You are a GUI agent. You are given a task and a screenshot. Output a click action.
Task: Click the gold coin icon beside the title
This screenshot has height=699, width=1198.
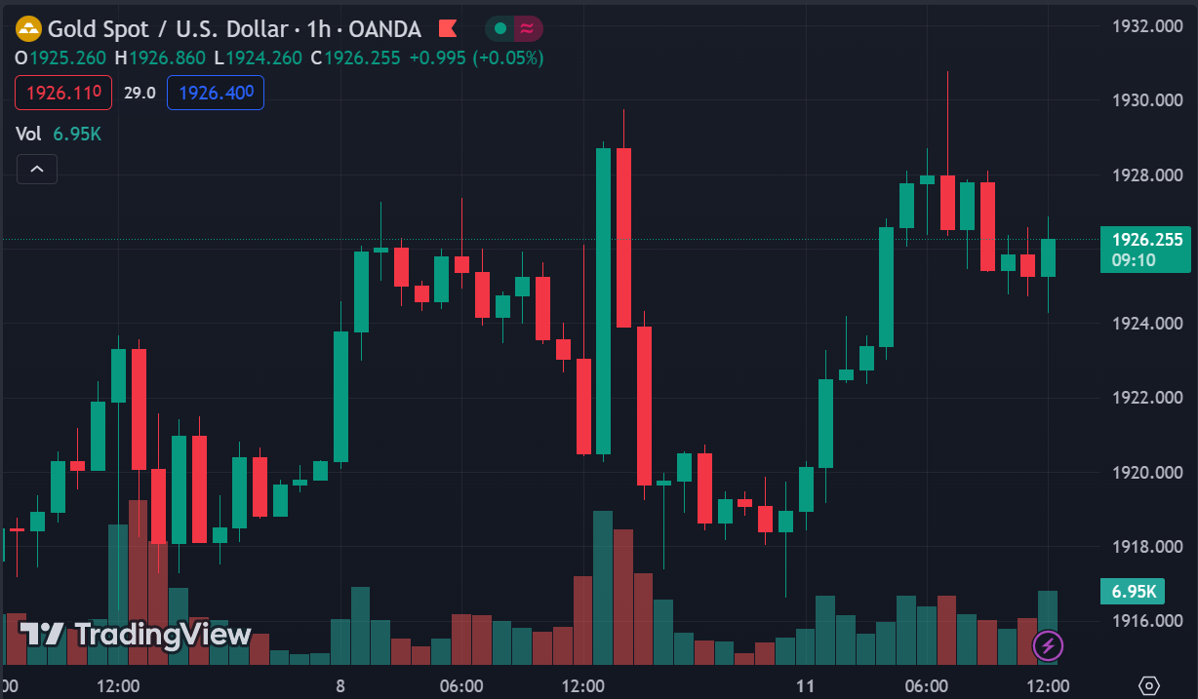pyautogui.click(x=29, y=29)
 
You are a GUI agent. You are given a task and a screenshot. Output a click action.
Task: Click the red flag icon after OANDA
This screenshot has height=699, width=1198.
pyautogui.click(x=448, y=29)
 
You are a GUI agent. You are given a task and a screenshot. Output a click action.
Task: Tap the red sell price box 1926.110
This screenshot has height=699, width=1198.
pyautogui.click(x=63, y=93)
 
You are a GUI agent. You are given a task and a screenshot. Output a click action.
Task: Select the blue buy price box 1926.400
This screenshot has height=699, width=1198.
pyautogui.click(x=216, y=93)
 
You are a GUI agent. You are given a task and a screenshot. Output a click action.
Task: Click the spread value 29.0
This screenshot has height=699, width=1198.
pyautogui.click(x=140, y=93)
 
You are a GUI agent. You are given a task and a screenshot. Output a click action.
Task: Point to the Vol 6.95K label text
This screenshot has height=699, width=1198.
pyautogui.click(x=59, y=134)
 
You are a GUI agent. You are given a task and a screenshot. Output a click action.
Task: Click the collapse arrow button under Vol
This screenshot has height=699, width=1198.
pyautogui.click(x=36, y=170)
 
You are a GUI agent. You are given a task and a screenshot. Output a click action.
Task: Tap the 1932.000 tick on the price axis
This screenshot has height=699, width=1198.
pyautogui.click(x=1147, y=26)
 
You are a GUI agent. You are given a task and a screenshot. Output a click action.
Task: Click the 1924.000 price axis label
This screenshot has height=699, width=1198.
pyautogui.click(x=1147, y=324)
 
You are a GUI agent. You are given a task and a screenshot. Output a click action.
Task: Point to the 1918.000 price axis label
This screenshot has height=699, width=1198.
pyautogui.click(x=1147, y=547)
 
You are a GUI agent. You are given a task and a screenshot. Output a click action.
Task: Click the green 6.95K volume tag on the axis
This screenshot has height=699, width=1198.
pyautogui.click(x=1135, y=591)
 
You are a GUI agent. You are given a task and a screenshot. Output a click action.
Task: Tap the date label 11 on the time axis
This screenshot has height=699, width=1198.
pyautogui.click(x=805, y=685)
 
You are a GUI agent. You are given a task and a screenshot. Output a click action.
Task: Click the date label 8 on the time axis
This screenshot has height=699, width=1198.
pyautogui.click(x=340, y=685)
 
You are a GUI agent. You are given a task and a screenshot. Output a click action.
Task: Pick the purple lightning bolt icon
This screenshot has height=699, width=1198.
pyautogui.click(x=1049, y=644)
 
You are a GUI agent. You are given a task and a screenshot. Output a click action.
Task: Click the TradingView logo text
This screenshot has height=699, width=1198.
pyautogui.click(x=136, y=635)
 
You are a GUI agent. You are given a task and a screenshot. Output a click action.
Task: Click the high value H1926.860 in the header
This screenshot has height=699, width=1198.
pyautogui.click(x=160, y=58)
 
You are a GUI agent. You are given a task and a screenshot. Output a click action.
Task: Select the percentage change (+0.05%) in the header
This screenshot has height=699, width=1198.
pyautogui.click(x=508, y=58)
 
